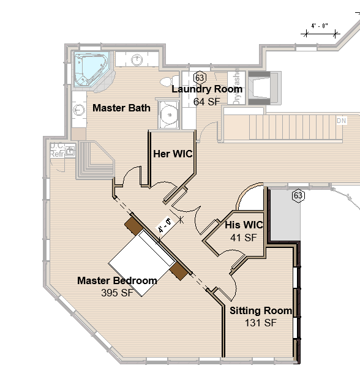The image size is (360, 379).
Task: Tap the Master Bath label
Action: point(121,108)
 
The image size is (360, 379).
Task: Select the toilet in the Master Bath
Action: point(165,82)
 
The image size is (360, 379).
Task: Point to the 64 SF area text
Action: point(206,102)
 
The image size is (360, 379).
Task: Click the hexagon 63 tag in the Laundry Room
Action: point(200,78)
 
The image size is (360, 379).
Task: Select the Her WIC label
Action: point(173,154)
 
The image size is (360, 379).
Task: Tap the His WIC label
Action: point(244,225)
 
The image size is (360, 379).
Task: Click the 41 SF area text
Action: point(243,238)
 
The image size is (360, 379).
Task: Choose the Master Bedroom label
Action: point(117,281)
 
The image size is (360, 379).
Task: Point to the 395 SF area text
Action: point(117,293)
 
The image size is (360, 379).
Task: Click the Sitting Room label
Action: point(261,311)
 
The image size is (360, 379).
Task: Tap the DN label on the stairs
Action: point(341,121)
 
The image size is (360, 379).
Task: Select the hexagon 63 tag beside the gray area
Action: point(298,196)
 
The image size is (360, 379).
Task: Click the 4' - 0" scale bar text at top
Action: point(320,26)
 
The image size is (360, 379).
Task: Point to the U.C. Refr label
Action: point(58,150)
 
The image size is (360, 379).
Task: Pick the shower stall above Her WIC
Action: point(168,113)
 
